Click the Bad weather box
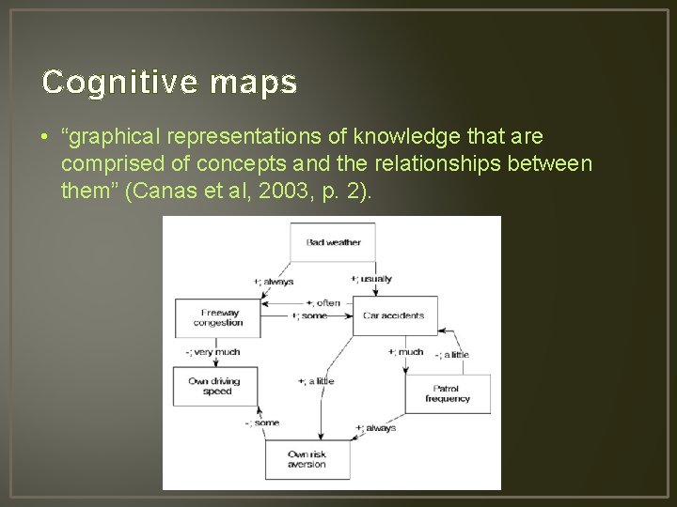tap(333, 242)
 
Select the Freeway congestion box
tap(218, 317)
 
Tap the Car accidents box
tap(393, 315)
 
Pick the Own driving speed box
tap(214, 386)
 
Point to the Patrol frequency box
tap(447, 393)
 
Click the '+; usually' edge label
tap(371, 279)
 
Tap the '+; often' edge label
tap(323, 303)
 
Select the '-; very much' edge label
tap(213, 352)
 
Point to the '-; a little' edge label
tap(452, 355)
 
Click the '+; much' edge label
tap(406, 352)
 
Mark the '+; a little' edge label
tap(316, 381)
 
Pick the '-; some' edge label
tap(262, 422)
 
